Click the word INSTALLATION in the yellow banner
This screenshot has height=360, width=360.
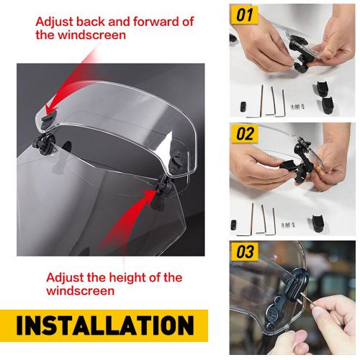[104, 325]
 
